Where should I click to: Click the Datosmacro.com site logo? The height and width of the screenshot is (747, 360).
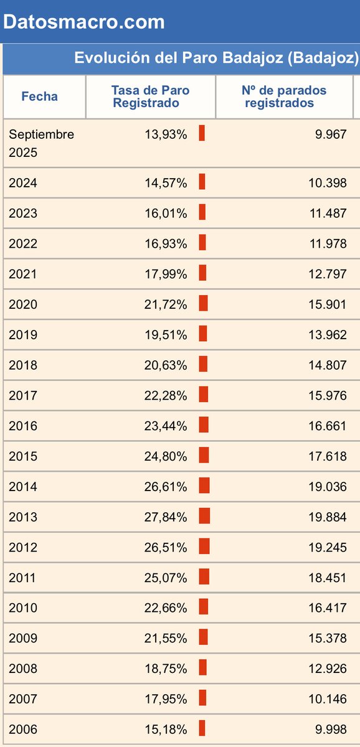(x=83, y=22)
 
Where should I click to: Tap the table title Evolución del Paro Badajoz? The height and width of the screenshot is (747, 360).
(x=216, y=58)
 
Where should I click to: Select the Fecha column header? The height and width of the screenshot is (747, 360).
(x=39, y=96)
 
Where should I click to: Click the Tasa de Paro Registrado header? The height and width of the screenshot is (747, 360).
(x=150, y=96)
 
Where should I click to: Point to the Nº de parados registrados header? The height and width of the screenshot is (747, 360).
(x=283, y=96)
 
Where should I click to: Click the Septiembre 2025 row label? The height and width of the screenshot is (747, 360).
(x=41, y=143)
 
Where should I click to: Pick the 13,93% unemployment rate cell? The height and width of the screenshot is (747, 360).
(x=166, y=134)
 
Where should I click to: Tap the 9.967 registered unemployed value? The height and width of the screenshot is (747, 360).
(x=331, y=134)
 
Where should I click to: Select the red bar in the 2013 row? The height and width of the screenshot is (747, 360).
(x=204, y=516)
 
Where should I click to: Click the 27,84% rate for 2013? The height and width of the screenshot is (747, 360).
(x=166, y=517)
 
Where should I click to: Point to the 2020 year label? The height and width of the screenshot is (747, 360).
(x=23, y=304)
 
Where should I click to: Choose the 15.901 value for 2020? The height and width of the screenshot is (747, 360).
(x=328, y=304)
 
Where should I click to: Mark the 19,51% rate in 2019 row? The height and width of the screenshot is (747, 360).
(x=166, y=335)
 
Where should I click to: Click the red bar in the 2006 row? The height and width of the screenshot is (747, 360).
(x=202, y=728)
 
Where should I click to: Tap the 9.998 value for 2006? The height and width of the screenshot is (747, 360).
(x=331, y=729)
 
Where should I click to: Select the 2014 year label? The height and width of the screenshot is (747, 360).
(x=23, y=487)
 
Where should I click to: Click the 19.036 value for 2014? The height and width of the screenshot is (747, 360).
(x=328, y=487)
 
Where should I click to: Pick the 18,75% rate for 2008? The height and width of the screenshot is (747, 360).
(x=166, y=669)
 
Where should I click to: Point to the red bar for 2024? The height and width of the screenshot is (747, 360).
(x=202, y=182)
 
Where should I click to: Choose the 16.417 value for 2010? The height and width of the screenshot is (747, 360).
(x=328, y=608)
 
